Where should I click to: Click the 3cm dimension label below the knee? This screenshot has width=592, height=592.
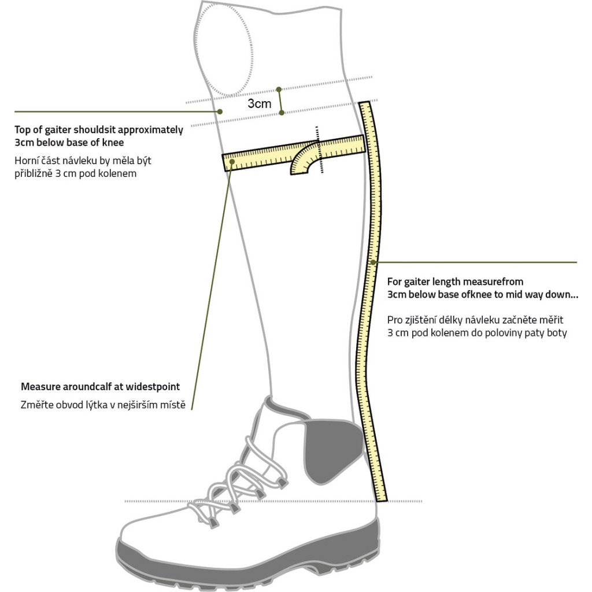point(260,103)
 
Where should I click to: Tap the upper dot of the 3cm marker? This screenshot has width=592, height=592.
point(279,90)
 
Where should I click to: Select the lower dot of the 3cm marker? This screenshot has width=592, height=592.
point(282,112)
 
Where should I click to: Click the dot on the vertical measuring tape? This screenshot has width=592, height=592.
point(373,262)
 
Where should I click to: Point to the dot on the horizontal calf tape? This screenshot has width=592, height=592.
point(232,162)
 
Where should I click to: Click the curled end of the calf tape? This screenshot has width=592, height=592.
point(301,161)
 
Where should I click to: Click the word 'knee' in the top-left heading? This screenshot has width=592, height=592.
point(113,143)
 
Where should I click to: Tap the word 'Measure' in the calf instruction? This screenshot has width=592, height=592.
point(41,387)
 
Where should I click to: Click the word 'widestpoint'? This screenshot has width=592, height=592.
point(153,387)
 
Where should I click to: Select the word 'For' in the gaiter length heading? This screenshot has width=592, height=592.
point(394,282)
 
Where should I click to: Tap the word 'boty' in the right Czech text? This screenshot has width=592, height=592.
point(557,333)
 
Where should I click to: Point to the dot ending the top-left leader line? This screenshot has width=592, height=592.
point(220,112)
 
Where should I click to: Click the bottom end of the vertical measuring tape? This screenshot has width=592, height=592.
point(382,501)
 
